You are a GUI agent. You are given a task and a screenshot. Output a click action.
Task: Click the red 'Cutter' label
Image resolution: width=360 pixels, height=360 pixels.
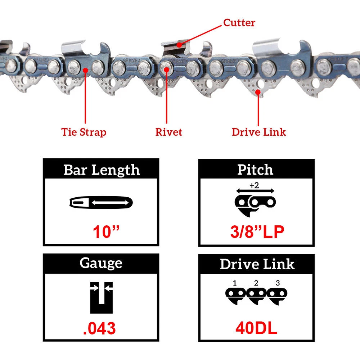click(239, 23)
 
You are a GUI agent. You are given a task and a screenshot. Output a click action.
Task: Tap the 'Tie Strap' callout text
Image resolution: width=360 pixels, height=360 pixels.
click(84, 132)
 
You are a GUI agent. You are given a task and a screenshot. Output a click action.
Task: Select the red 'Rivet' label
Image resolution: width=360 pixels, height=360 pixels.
click(169, 132)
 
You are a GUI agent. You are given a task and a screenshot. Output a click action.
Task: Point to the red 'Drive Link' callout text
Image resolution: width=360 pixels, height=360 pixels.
click(259, 132)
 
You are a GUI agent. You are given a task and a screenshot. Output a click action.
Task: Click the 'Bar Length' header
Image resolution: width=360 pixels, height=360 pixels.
click(102, 170)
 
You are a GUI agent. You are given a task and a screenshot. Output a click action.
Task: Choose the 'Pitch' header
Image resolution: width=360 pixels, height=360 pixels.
click(255, 170)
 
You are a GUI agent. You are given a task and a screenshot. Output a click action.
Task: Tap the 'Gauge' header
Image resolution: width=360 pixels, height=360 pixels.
click(101, 263)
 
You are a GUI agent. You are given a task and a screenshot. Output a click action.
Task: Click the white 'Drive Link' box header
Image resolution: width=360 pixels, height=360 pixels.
click(257, 264)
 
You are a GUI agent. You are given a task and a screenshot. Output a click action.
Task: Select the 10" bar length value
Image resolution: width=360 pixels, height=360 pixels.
click(106, 231)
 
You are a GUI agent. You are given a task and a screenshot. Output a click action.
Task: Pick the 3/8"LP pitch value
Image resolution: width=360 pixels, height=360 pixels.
click(257, 231)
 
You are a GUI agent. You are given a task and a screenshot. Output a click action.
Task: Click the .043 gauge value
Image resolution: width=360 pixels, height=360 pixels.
click(99, 328)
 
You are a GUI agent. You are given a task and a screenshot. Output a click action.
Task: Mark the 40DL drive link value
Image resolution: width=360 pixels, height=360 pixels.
click(256, 328)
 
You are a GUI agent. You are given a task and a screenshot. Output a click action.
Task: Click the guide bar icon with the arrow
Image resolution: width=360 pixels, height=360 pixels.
click(101, 202)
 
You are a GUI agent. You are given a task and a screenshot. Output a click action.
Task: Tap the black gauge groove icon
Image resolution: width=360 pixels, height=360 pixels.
click(101, 298)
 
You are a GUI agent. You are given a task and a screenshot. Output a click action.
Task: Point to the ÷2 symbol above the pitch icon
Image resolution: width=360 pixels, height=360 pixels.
click(255, 185)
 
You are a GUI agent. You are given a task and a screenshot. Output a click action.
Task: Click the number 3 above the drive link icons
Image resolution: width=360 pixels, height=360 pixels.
click(278, 283)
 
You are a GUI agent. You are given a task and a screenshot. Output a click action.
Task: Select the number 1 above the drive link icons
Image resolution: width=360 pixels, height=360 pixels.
click(235, 283)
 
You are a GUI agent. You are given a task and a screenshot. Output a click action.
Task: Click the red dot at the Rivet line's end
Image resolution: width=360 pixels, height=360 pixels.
click(166, 69)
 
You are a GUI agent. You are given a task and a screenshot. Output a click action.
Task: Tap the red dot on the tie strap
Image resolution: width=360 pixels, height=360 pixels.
click(85, 70)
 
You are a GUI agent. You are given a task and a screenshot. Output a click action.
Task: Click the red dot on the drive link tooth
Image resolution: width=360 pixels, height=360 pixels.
click(258, 92)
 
